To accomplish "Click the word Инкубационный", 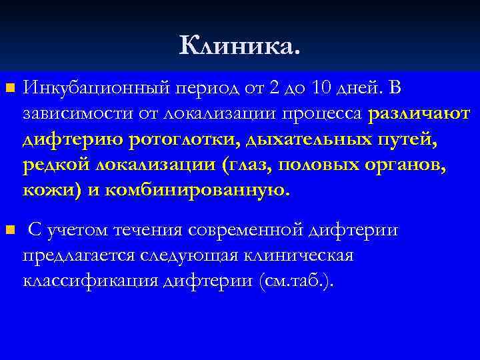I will (x=83, y=87).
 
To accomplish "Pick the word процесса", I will (x=327, y=113).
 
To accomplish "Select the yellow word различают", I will (x=419, y=113).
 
